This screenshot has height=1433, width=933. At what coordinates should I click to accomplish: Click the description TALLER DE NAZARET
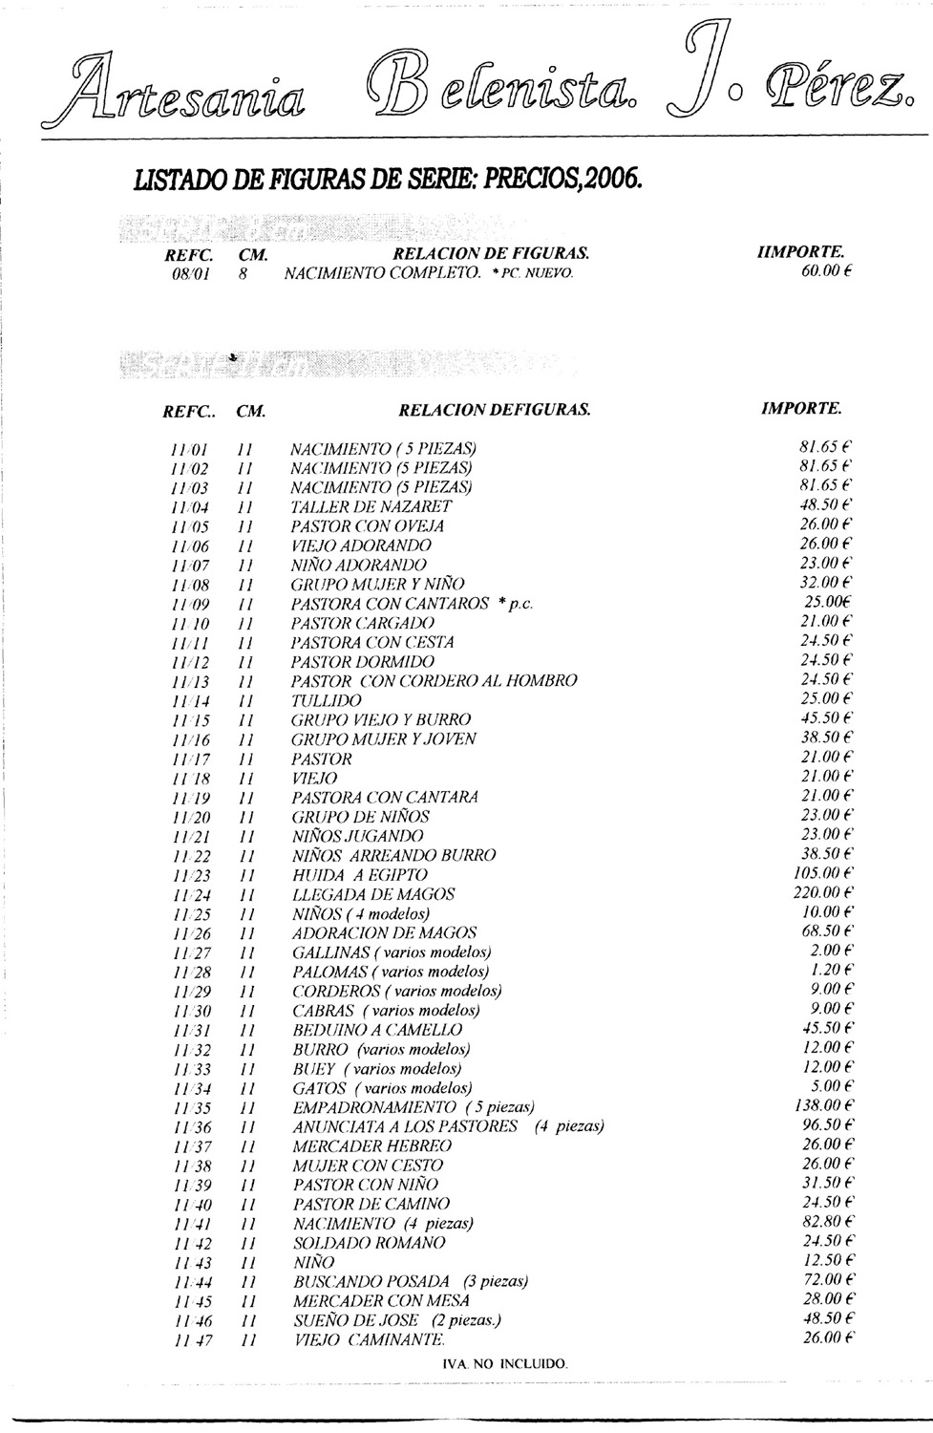click(371, 506)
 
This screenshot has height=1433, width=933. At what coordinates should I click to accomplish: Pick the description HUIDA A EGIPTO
click(360, 874)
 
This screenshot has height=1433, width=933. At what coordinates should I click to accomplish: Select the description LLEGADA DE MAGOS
click(373, 894)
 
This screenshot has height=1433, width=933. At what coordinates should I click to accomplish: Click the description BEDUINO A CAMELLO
click(377, 1030)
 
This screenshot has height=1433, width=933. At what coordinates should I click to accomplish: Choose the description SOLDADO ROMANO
click(369, 1243)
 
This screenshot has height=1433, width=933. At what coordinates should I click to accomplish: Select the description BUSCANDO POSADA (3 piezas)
click(411, 1281)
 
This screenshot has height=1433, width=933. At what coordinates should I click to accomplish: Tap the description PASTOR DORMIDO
click(363, 661)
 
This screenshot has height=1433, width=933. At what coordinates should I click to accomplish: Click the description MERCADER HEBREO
click(372, 1145)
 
